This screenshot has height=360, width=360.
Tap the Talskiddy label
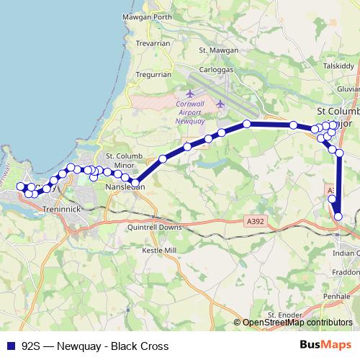point(338,65)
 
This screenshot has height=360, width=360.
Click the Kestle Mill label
point(159,250)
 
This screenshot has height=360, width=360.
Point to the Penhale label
point(337,297)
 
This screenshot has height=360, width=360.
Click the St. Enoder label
point(282,315)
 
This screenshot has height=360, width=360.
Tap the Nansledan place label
point(125,186)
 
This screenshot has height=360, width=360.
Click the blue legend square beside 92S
point(9,346)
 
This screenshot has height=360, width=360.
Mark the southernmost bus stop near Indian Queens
point(338,215)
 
